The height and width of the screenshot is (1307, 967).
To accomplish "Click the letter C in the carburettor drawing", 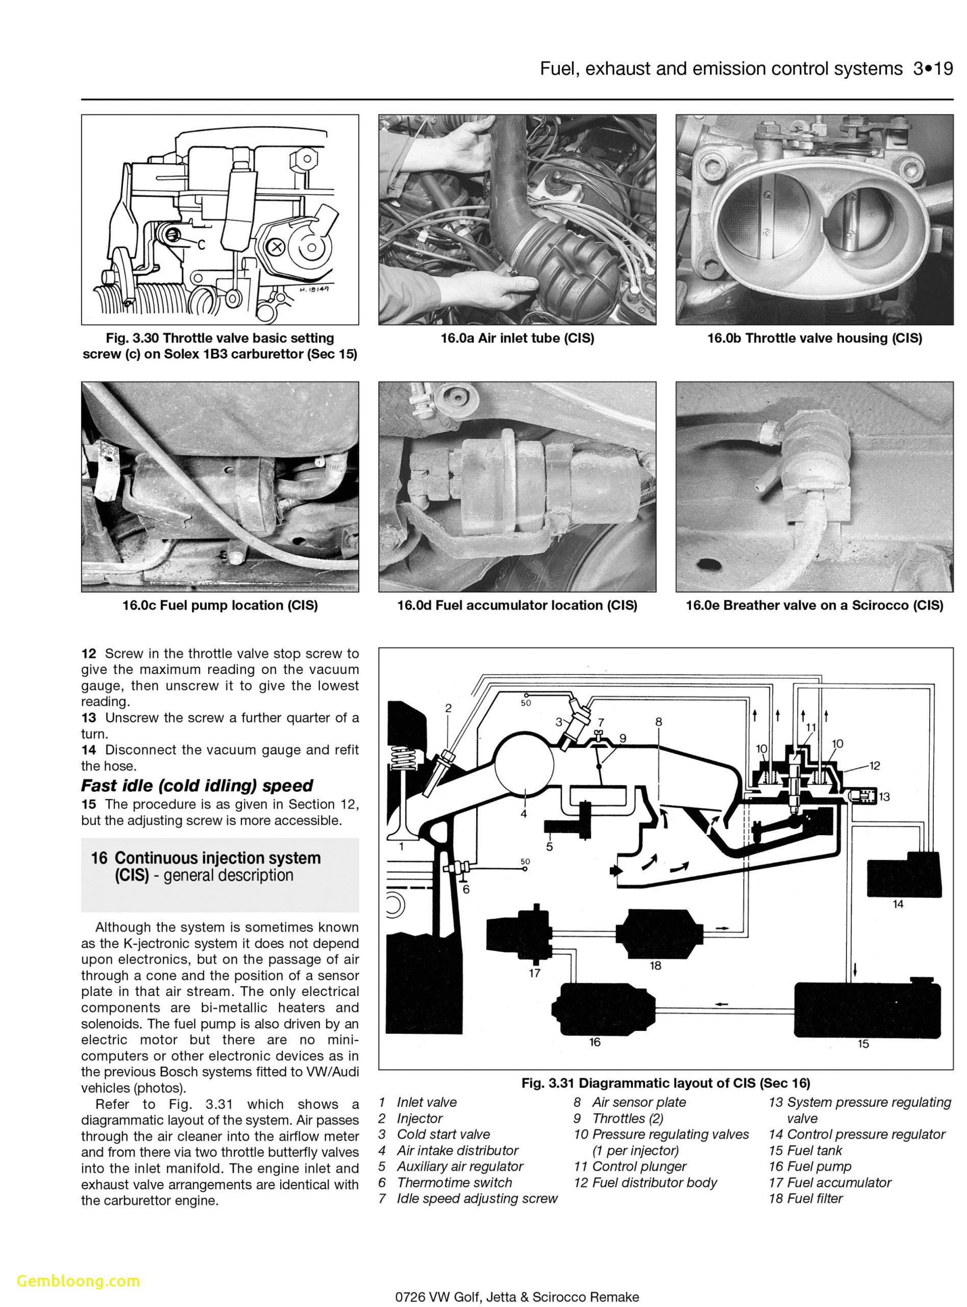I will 201,245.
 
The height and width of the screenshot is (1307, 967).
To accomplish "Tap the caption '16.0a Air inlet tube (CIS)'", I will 517,338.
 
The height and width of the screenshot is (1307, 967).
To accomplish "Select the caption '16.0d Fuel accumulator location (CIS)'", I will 517,605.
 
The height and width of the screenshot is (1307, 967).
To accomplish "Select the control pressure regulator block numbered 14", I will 904,875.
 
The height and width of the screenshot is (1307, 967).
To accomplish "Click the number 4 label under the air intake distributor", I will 524,814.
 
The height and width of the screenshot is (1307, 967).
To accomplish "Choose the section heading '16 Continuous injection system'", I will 206,858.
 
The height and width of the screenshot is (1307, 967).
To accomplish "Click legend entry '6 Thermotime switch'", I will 445,1182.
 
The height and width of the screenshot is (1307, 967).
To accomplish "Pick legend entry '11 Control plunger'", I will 630,1167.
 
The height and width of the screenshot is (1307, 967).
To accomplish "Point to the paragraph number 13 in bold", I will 88,717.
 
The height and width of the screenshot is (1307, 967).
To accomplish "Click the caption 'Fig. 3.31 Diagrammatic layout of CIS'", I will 665,1083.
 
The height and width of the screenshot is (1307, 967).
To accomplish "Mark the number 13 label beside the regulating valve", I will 884,796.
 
